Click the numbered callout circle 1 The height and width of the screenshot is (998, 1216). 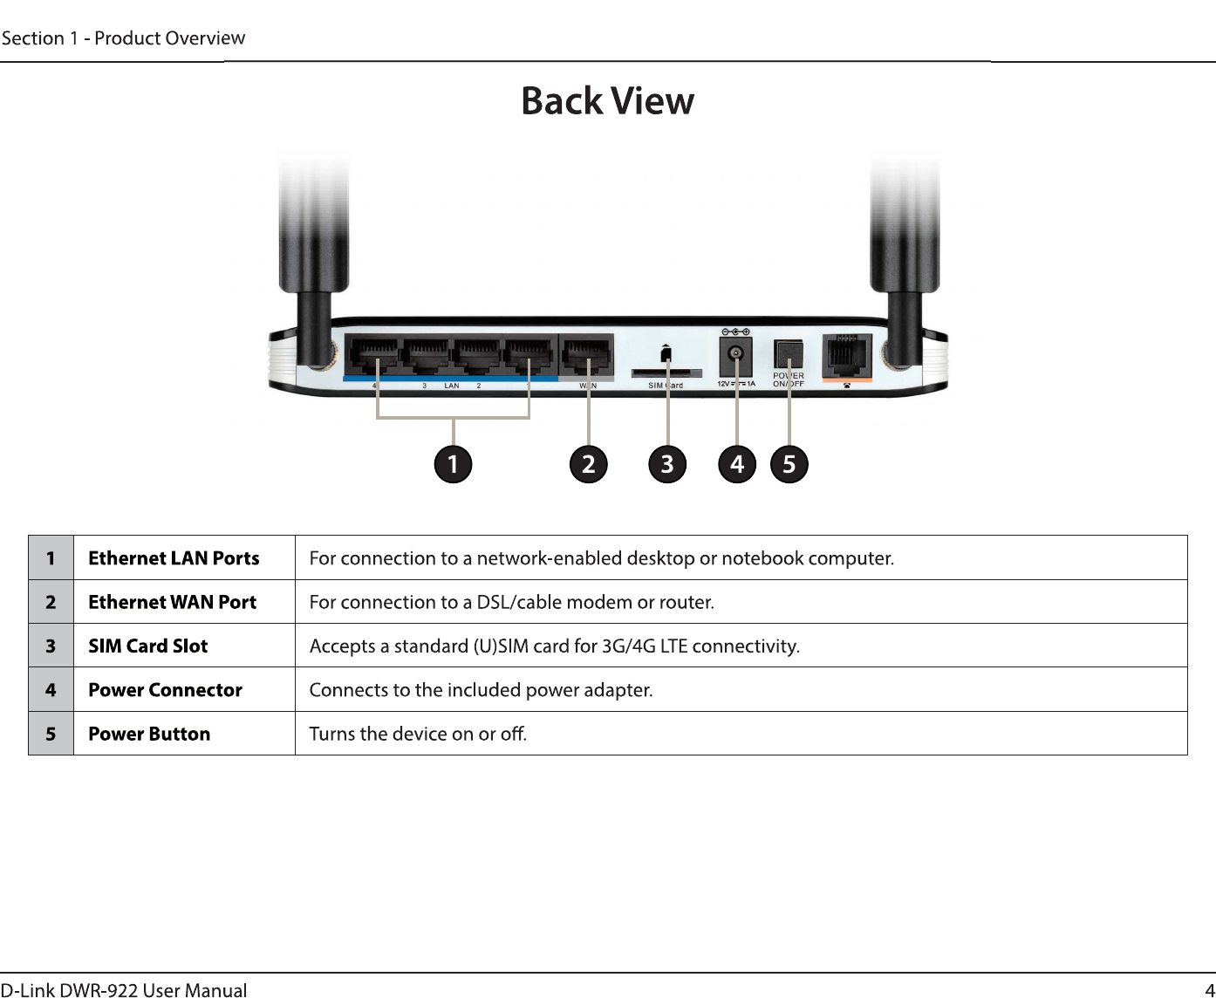[453, 464]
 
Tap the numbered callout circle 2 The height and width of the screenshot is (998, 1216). [589, 464]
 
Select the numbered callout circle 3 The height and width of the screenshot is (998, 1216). [667, 464]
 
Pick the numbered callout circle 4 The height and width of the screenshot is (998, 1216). [737, 464]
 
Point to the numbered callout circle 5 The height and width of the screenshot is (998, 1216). [789, 464]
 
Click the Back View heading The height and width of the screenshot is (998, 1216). [607, 101]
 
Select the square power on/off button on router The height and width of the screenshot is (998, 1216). [789, 353]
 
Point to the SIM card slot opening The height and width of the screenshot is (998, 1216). [666, 373]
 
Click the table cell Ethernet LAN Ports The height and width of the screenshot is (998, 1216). [174, 558]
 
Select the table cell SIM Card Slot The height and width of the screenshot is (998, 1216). [148, 646]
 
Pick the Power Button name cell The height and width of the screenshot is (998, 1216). [149, 735]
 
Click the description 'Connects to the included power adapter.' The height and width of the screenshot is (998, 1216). [481, 690]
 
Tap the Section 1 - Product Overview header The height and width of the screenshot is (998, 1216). [123, 38]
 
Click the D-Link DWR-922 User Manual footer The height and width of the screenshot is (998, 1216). [124, 989]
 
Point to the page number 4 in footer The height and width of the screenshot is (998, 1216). [1209, 989]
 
